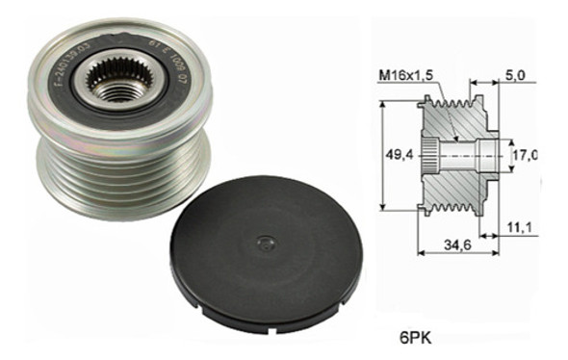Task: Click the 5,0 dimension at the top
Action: click(x=512, y=74)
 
